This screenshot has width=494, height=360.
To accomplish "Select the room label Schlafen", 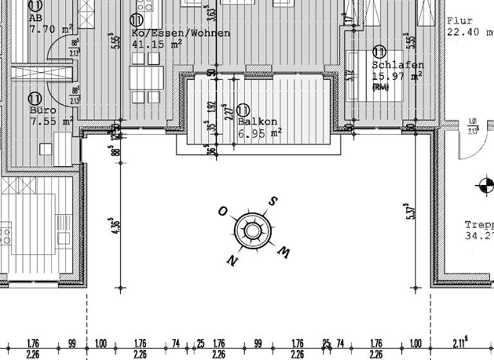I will [398, 66].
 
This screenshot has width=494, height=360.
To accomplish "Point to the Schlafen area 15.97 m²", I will [396, 76].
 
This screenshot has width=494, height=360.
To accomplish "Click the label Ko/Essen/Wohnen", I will [180, 33].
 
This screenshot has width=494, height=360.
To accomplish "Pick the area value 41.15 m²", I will [156, 44].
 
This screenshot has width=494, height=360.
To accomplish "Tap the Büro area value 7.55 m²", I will [51, 121].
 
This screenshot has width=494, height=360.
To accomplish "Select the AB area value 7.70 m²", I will [50, 29].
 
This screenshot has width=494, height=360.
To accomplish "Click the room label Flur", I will [460, 21].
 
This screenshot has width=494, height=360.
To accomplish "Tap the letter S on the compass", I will [273, 201].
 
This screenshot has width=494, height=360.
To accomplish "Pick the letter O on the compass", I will [223, 211].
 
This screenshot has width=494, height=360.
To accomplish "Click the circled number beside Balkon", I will [243, 111].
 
